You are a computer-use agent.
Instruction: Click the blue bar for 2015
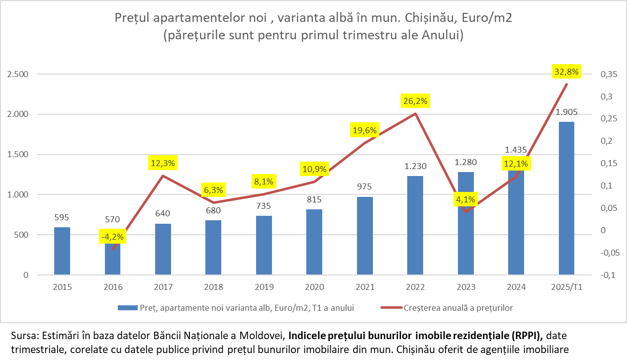click(62, 251)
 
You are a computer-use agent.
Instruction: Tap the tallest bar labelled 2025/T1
click(566, 198)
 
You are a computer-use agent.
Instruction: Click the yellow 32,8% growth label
click(566, 72)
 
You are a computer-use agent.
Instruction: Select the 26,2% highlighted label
click(415, 101)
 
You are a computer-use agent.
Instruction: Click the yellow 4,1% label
click(466, 200)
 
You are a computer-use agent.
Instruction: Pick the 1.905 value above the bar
click(566, 112)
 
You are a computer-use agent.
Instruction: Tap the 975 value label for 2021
click(364, 187)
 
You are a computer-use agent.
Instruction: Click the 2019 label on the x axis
click(264, 287)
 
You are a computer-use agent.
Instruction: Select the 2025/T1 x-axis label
click(566, 287)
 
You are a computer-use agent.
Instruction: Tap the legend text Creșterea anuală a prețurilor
click(451, 308)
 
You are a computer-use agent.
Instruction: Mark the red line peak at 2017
click(163, 176)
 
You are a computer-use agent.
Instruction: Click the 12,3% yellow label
click(163, 163)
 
